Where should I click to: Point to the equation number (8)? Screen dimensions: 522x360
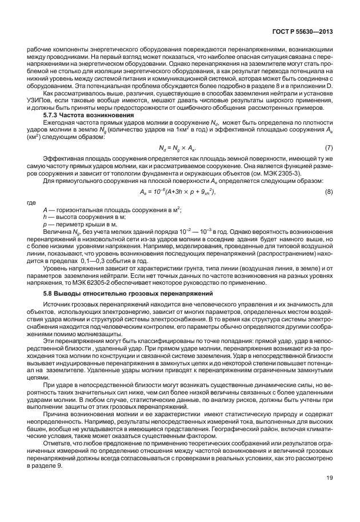(x=329, y=192)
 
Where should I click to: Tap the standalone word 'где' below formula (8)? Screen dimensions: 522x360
(x=33, y=202)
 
